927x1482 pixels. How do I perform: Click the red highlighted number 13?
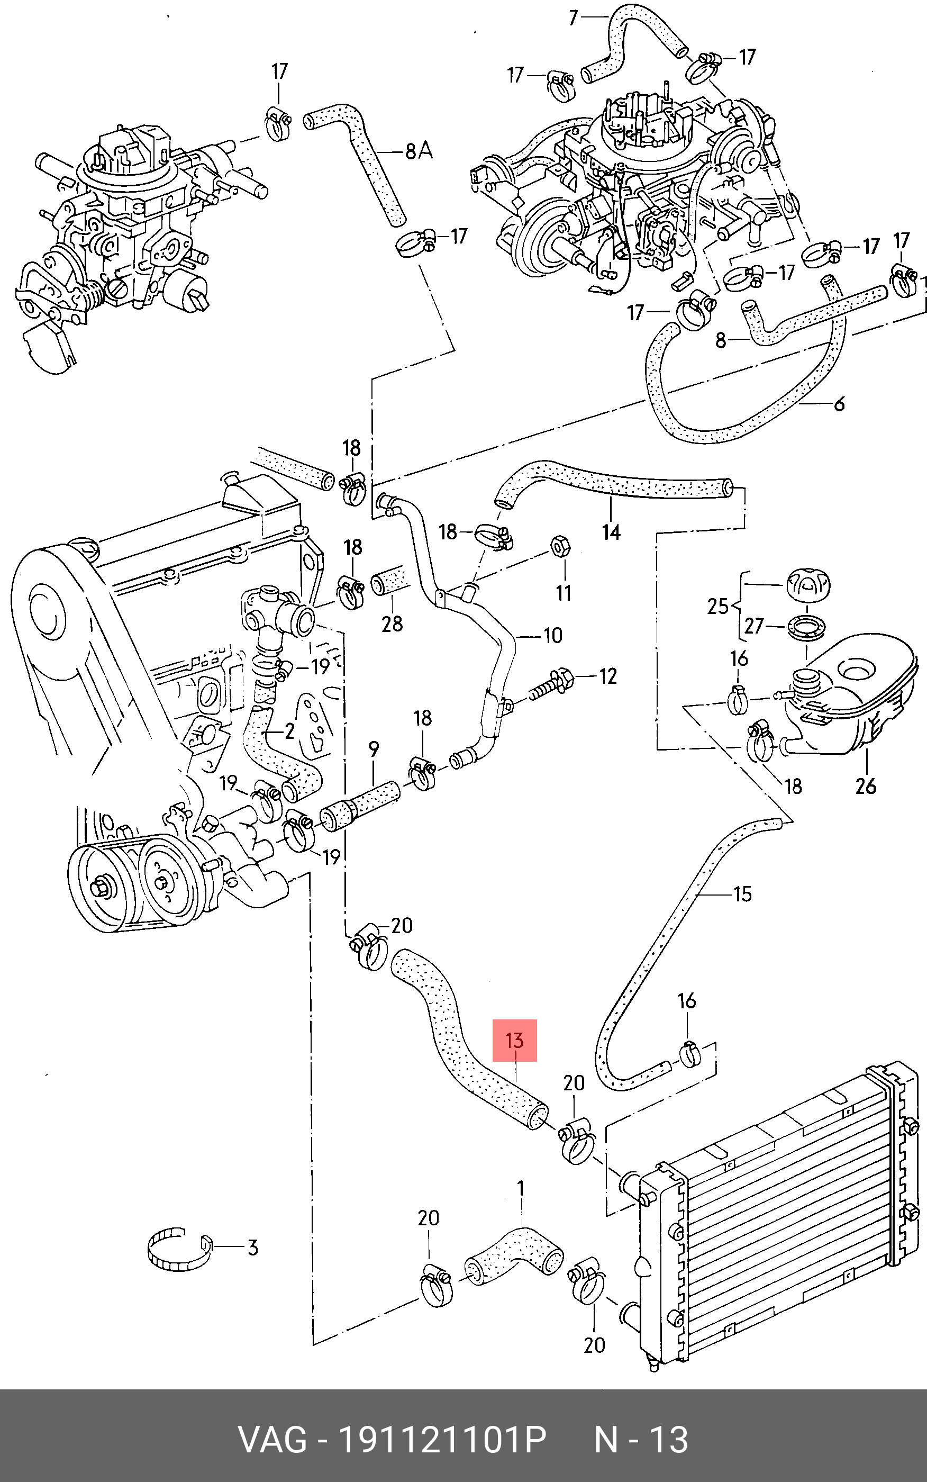tap(514, 1040)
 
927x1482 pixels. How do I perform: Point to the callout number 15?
tap(742, 894)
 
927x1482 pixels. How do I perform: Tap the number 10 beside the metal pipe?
tap(552, 635)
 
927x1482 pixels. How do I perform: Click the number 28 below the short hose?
tap(392, 624)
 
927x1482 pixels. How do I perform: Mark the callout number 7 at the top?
tap(573, 18)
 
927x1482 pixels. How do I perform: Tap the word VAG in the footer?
tap(272, 1440)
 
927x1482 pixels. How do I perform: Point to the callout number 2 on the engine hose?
tap(289, 730)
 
